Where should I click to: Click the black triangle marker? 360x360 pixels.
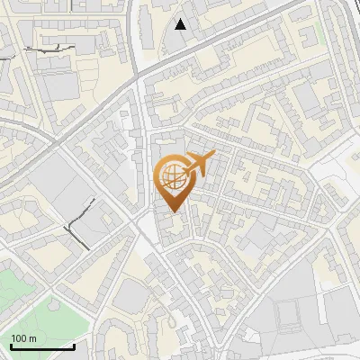point(181,24)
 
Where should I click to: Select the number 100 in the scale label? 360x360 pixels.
point(19,338)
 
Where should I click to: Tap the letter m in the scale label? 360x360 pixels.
point(32,338)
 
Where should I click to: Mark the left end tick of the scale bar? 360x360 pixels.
point(11,345)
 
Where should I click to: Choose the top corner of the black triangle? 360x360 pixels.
point(181,19)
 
